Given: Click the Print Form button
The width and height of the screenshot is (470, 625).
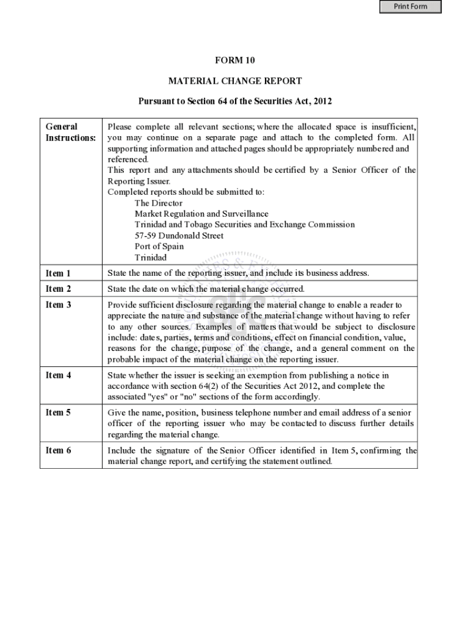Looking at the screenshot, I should tap(410, 7).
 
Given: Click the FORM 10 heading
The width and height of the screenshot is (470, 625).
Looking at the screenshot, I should tap(234, 60).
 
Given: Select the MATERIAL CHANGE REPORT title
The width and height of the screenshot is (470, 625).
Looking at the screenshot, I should tap(235, 81).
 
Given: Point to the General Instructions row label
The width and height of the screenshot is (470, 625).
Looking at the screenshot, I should tap(71, 132).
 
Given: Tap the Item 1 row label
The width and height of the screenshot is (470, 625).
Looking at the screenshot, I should tap(59, 273).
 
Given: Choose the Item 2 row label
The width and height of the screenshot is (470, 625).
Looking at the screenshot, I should tap(59, 289).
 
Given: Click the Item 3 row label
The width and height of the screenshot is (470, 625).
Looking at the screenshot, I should tap(59, 305).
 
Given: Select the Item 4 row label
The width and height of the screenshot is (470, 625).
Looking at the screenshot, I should tap(59, 375).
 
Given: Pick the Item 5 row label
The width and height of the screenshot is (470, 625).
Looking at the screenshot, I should tap(59, 413).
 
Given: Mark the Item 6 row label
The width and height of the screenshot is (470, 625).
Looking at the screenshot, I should tap(59, 450).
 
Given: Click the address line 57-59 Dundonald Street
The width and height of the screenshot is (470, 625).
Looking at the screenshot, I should tap(179, 236).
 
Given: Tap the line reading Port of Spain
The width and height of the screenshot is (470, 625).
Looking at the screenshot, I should tap(159, 247).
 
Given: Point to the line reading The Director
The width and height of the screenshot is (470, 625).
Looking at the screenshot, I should tap(159, 203).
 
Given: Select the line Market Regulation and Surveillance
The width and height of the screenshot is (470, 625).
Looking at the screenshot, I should tap(201, 214).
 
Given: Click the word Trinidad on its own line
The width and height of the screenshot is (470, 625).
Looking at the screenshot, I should tap(150, 258).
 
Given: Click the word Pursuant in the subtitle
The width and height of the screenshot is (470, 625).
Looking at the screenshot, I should tap(156, 101).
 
